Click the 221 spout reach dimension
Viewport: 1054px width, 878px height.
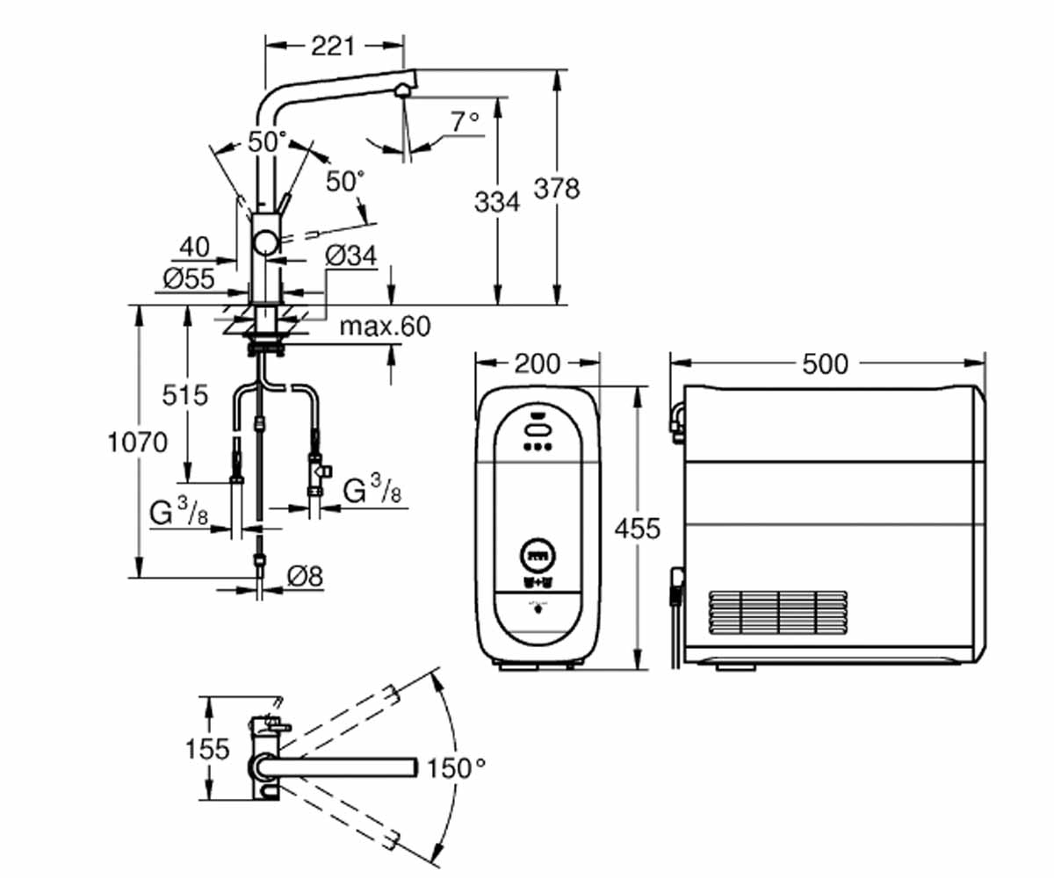[333, 47]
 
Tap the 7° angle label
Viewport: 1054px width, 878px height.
[465, 122]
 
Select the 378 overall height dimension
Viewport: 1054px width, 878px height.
[557, 189]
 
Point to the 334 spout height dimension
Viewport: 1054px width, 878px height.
[497, 202]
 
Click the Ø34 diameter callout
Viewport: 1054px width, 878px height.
[351, 255]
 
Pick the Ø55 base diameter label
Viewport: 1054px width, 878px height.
[189, 278]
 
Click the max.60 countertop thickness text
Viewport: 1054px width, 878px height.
[386, 327]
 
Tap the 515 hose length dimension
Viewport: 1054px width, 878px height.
[184, 394]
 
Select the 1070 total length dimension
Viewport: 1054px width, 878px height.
[137, 442]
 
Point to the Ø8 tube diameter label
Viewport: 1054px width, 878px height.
[306, 576]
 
